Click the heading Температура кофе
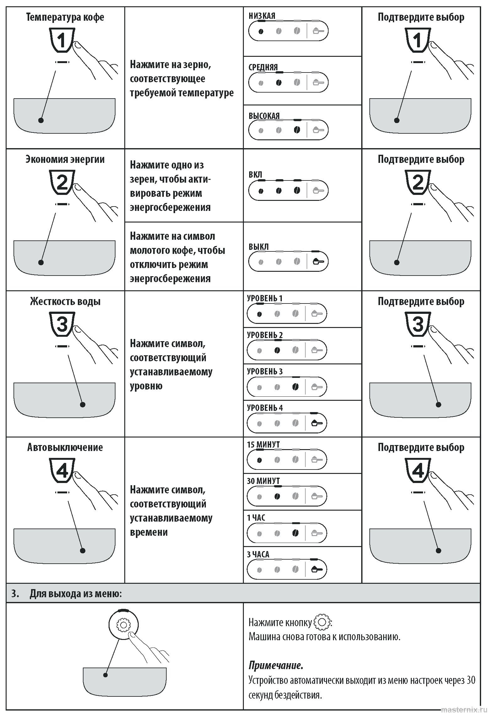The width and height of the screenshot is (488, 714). click(65, 17)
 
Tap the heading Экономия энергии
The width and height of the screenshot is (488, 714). click(65, 159)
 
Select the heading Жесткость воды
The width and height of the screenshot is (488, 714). click(65, 301)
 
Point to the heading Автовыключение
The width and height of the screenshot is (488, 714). click(65, 447)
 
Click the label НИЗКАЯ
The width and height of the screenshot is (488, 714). click(262, 16)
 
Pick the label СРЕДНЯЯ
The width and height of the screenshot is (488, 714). click(263, 67)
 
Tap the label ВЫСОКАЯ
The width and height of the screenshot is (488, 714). click(264, 116)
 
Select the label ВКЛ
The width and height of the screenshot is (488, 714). click(255, 174)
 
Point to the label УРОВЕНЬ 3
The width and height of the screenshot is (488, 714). click(265, 371)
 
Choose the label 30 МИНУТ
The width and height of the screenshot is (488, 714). click(263, 481)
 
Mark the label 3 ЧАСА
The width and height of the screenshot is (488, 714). click(258, 554)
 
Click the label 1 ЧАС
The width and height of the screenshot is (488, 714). click(256, 518)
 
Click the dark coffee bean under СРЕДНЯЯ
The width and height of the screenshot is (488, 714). click(278, 83)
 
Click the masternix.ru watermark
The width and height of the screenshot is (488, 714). click(464, 710)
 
